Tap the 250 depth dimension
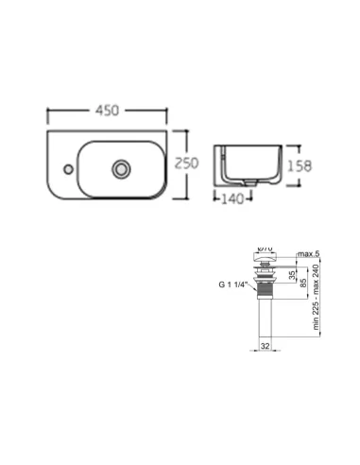pos(187,164)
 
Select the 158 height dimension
pos(298,164)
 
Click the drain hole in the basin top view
pos(120,169)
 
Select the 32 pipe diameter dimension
pos(266,346)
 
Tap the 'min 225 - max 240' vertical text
pos(316,298)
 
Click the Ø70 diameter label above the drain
pos(266,250)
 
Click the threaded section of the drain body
pos(266,283)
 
